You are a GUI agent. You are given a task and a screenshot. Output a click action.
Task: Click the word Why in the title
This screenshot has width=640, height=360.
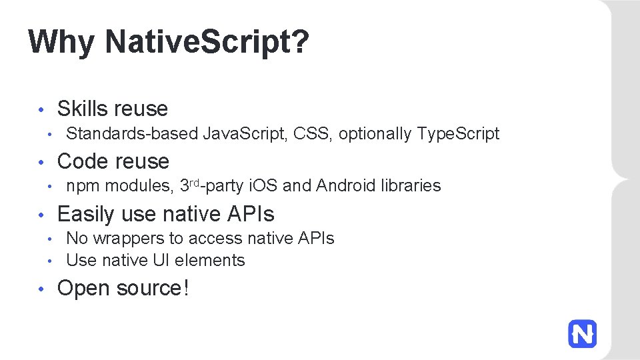[x=61, y=42]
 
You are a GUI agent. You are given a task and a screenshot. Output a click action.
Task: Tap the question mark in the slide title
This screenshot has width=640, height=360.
[x=300, y=42]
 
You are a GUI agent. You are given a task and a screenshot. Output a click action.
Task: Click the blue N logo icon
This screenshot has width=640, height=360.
[x=582, y=333]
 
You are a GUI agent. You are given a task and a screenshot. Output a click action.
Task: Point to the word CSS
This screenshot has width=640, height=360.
[x=311, y=134]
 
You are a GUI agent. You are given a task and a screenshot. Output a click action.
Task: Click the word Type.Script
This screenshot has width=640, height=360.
[x=458, y=134]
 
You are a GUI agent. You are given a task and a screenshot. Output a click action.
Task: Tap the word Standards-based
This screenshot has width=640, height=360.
[x=132, y=134]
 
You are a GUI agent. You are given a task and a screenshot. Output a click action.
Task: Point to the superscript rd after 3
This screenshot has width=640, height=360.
[x=196, y=182]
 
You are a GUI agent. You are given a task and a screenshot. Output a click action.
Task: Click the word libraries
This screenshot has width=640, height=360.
[x=410, y=186]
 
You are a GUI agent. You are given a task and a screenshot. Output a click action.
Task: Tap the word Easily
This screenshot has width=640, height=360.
[x=87, y=214]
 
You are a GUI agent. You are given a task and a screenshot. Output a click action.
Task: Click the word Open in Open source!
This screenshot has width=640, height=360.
[x=84, y=289]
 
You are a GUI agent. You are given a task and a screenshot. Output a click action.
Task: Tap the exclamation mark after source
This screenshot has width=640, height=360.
[x=186, y=289]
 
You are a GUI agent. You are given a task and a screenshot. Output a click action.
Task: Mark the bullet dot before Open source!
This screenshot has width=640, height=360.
[x=41, y=289]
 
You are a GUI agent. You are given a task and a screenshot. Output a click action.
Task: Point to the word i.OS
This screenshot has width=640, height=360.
[x=263, y=186]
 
